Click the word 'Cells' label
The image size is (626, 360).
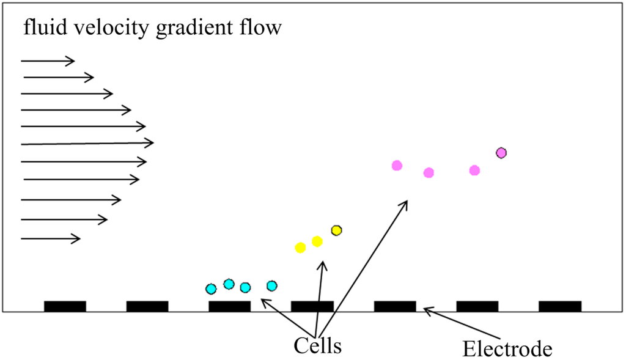tap(317, 345)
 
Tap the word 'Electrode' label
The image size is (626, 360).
tap(507, 349)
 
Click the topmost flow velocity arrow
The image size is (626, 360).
tap(48, 61)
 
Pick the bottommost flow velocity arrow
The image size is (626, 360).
tap(50, 238)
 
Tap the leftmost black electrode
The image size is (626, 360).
tap(65, 306)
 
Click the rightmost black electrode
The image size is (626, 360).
tap(560, 306)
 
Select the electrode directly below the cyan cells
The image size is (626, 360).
tap(229, 306)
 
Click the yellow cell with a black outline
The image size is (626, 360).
tap(336, 230)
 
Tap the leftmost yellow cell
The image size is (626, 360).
tap(300, 248)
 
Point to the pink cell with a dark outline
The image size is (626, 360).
tap(501, 153)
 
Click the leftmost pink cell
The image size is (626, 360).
tap(397, 165)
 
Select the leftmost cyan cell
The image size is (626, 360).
tap(211, 288)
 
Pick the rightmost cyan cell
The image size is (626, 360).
tap(272, 285)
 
